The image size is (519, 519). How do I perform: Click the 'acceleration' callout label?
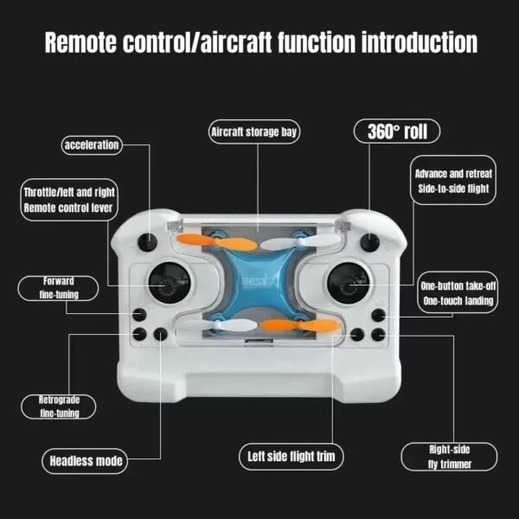(92, 144)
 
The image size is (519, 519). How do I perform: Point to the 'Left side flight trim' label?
(292, 455)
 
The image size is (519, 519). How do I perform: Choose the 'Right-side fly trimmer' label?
(450, 456)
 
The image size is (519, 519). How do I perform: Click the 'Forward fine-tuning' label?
(59, 288)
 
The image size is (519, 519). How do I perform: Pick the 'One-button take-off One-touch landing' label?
(457, 293)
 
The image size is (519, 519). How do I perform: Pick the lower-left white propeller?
(212, 324)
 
